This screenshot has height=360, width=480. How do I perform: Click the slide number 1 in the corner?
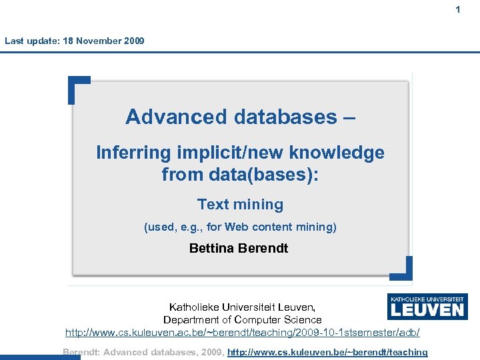click(458, 9)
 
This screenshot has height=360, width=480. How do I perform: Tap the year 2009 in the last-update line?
click(133, 41)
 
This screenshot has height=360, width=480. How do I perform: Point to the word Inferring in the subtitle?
click(133, 153)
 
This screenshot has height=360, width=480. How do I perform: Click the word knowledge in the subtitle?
click(337, 153)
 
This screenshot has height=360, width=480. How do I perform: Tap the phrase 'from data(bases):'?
click(240, 175)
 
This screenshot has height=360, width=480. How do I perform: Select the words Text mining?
click(240, 205)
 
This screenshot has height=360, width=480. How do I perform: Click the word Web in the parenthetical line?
click(236, 227)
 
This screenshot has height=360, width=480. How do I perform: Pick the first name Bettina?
click(213, 249)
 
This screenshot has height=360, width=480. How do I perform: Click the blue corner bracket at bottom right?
click(401, 269)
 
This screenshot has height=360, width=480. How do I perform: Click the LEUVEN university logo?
click(427, 307)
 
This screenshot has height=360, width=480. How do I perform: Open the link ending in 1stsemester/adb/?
click(242, 332)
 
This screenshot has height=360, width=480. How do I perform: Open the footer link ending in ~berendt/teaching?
click(327, 352)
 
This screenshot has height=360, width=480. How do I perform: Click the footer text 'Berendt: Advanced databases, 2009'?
click(143, 352)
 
